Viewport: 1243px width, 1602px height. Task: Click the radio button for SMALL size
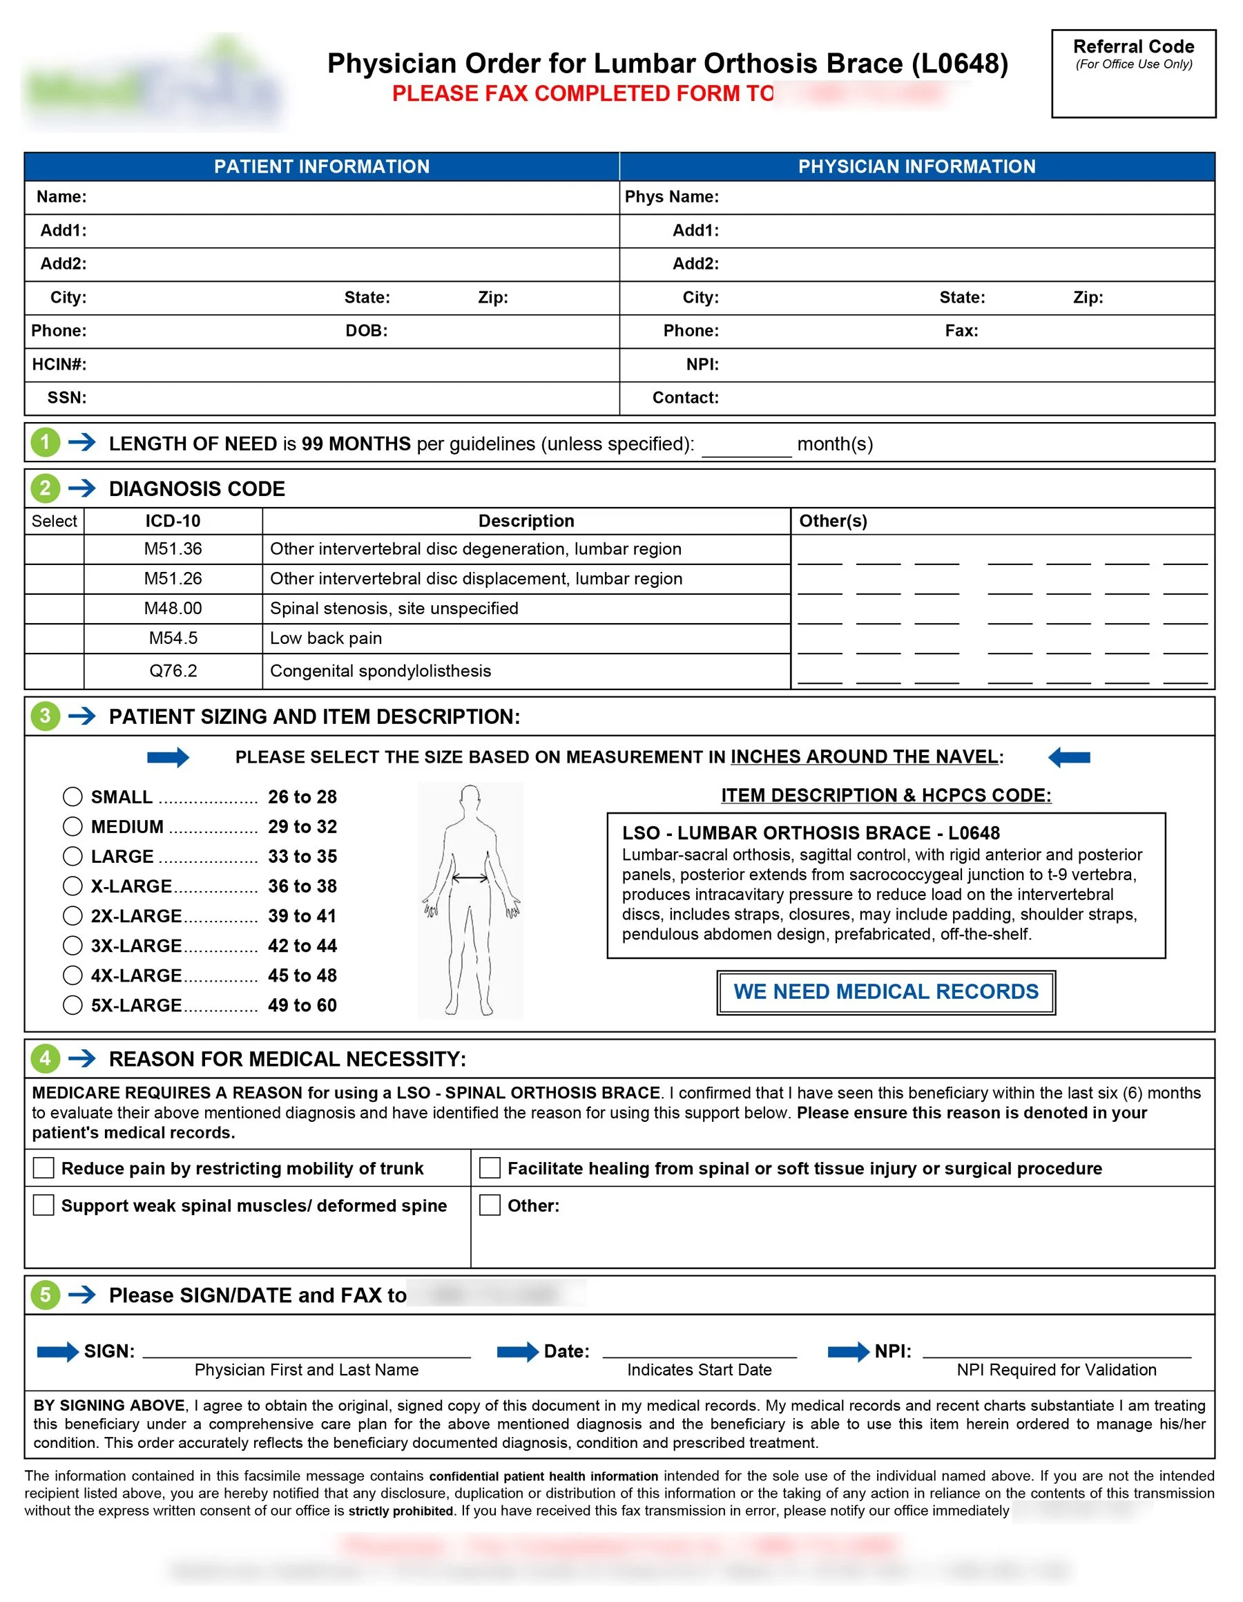(x=73, y=797)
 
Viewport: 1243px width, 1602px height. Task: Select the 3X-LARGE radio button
(x=73, y=946)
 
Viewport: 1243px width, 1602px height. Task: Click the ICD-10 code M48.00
(x=173, y=608)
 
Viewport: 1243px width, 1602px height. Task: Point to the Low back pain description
(x=326, y=638)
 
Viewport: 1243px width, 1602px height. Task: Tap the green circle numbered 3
(x=46, y=716)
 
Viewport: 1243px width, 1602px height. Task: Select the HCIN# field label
(x=59, y=365)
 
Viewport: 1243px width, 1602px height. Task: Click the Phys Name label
(x=671, y=197)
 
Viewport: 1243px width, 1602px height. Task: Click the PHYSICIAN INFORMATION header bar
(x=916, y=166)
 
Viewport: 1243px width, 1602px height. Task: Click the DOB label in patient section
(x=366, y=331)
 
